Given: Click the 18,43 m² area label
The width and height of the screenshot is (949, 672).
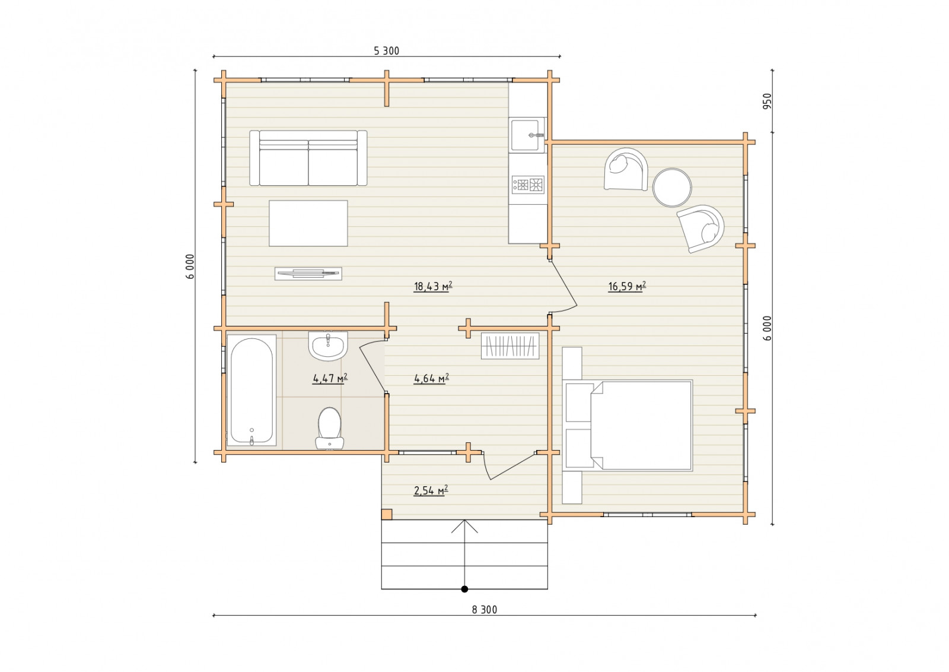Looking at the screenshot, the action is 433,287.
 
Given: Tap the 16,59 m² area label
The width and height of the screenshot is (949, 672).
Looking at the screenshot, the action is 627,287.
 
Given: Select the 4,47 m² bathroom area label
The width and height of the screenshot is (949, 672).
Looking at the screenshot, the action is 330,378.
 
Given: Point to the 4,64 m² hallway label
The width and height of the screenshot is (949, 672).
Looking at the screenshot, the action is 431,378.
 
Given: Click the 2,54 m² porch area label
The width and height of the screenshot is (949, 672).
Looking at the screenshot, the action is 431,490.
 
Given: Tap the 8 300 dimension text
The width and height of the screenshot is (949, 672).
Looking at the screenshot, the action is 484,610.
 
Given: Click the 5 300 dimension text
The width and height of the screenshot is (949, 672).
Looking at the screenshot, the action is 386,51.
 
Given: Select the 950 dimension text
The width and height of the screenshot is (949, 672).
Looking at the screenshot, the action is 768,101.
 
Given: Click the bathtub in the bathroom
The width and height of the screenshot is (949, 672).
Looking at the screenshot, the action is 251,390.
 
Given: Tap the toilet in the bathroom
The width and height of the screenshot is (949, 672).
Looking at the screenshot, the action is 329,428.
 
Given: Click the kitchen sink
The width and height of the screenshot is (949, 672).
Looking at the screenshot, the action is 528,135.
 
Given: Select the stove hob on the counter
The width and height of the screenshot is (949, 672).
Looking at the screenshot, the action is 528,185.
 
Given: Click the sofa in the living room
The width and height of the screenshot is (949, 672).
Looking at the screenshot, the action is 308,158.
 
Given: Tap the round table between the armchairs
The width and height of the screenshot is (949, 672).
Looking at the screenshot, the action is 672,188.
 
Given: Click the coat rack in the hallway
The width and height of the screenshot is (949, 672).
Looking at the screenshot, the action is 510,345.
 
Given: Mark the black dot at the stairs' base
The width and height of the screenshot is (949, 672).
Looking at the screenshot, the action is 465,589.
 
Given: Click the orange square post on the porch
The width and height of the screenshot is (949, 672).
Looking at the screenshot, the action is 387,514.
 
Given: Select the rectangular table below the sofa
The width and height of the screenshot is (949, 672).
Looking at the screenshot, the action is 308,223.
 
